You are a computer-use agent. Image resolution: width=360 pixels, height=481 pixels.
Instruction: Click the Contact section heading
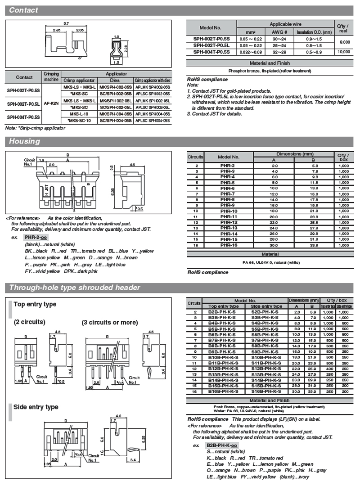coord(23,10)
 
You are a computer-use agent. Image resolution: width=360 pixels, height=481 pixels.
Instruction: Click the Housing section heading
coord(25,141)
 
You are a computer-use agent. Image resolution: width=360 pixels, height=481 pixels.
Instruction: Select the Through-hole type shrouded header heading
coord(74,288)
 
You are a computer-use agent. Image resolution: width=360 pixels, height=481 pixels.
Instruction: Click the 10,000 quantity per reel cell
coord(343,52)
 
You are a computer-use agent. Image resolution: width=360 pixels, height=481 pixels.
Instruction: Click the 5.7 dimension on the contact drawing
coord(66,23)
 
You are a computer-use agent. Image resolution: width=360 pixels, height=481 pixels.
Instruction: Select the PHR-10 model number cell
coord(229,211)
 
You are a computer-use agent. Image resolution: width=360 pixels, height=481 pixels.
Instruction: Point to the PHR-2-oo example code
coord(36,237)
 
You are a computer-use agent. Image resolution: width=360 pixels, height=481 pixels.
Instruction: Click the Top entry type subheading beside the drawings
coord(35,304)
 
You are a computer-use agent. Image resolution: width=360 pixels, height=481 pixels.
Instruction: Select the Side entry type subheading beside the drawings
coord(36,407)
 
